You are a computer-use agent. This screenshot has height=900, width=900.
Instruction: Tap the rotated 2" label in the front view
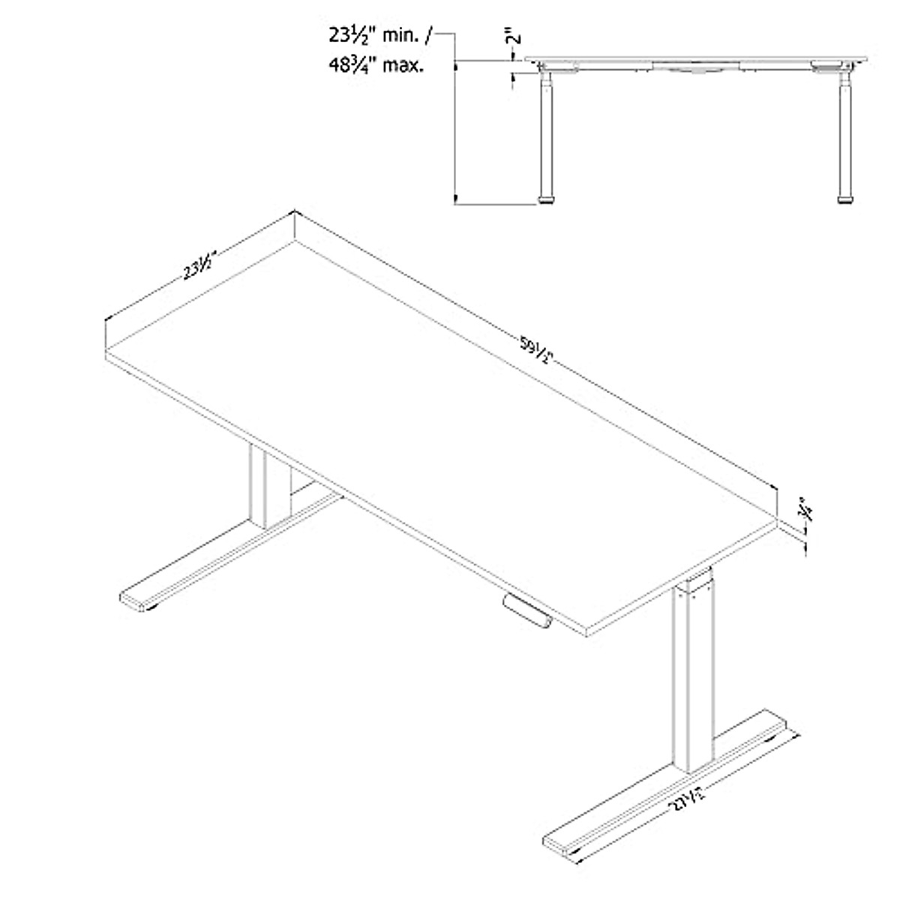510,36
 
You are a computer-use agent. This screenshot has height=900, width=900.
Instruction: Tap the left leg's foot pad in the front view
547,199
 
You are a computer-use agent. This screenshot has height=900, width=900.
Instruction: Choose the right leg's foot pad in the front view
845,199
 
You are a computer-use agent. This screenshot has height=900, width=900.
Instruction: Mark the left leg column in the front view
547,135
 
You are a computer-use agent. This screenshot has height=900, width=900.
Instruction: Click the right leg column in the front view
845,135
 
